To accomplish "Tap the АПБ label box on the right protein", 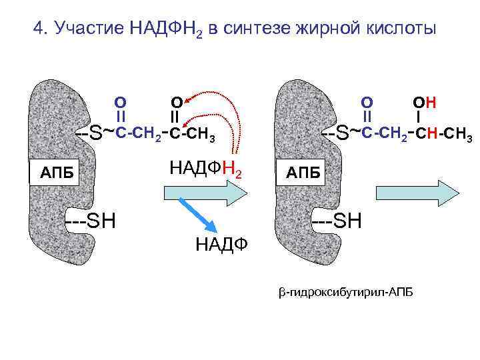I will pyautogui.click(x=303, y=174).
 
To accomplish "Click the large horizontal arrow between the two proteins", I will pyautogui.click(x=205, y=193).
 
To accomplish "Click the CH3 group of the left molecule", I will pyautogui.click(x=200, y=137).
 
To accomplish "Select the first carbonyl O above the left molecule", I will pyautogui.click(x=121, y=103).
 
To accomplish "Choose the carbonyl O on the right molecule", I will pyautogui.click(x=367, y=103).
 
